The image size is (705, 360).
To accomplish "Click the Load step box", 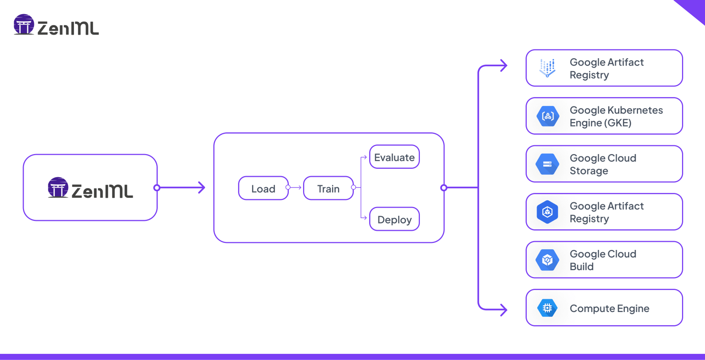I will pyautogui.click(x=263, y=188).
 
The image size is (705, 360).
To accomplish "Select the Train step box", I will pyautogui.click(x=328, y=188).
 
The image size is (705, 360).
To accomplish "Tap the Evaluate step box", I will pyautogui.click(x=394, y=157).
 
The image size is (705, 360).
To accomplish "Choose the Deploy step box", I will pyautogui.click(x=394, y=219).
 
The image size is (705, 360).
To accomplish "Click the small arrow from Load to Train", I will pyautogui.click(x=296, y=188).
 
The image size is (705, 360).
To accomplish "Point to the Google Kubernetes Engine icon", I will pyautogui.click(x=547, y=116).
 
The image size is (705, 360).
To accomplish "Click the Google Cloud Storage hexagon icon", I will pyautogui.click(x=547, y=164).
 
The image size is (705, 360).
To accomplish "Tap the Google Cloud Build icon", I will pyautogui.click(x=547, y=260).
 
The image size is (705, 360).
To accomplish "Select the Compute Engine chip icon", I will pyautogui.click(x=547, y=308).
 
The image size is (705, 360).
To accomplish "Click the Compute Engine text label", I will pyautogui.click(x=609, y=308).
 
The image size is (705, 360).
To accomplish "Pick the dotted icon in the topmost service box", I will pyautogui.click(x=547, y=68).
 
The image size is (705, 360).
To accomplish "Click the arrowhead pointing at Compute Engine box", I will pyautogui.click(x=504, y=310).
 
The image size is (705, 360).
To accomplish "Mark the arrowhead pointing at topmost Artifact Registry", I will pyautogui.click(x=504, y=65).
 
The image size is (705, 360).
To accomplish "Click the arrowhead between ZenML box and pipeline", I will pyautogui.click(x=202, y=188).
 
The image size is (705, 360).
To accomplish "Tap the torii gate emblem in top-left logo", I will pyautogui.click(x=24, y=24).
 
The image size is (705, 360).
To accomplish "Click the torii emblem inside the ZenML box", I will pyautogui.click(x=58, y=187).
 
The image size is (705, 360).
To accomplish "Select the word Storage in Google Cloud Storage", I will pyautogui.click(x=589, y=171).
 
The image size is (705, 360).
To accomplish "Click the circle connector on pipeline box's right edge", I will pyautogui.click(x=444, y=188).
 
